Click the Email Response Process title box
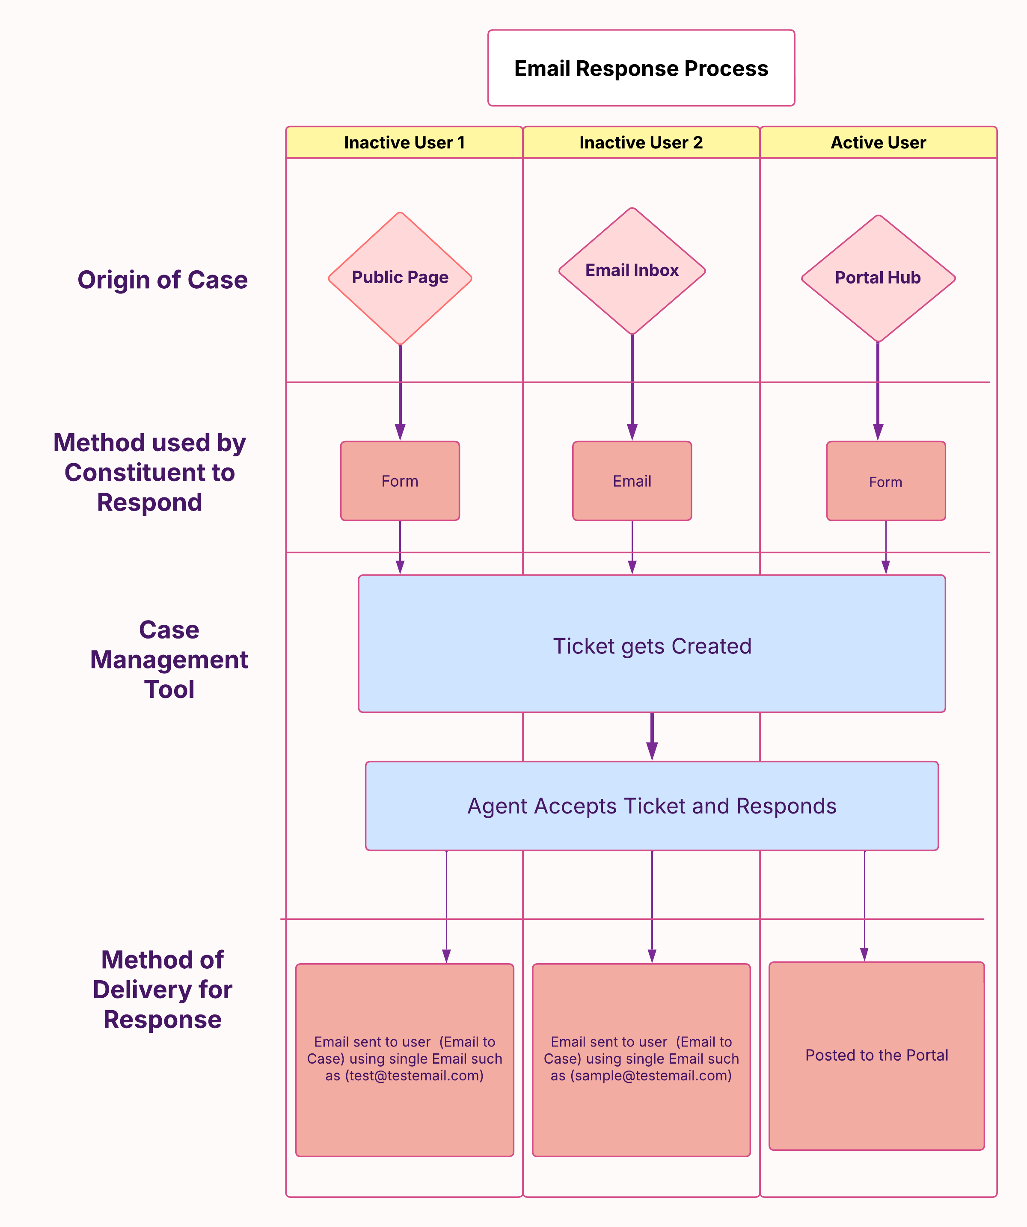coord(641,68)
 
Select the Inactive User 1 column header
coord(404,142)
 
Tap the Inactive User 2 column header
coord(641,142)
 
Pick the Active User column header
coord(878,142)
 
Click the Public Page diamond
coord(400,278)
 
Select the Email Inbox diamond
coord(632,271)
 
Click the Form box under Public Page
coord(400,481)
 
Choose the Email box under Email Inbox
coord(632,481)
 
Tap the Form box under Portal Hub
coord(885,481)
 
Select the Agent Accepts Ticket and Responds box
coord(652,806)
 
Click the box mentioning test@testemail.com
coord(404,1060)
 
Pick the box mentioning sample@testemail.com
coord(641,1060)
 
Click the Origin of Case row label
coord(163,280)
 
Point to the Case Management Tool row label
coord(169,659)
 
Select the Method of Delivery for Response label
coord(163,990)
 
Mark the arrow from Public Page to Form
coord(400,391)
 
